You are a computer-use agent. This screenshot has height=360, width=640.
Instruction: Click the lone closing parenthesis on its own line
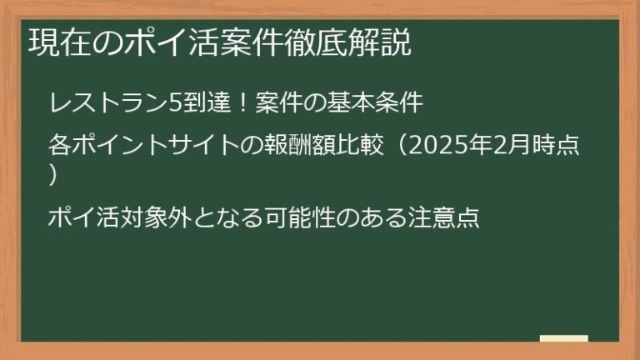(x=54, y=176)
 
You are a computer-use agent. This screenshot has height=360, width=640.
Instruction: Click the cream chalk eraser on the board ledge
(x=563, y=338)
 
